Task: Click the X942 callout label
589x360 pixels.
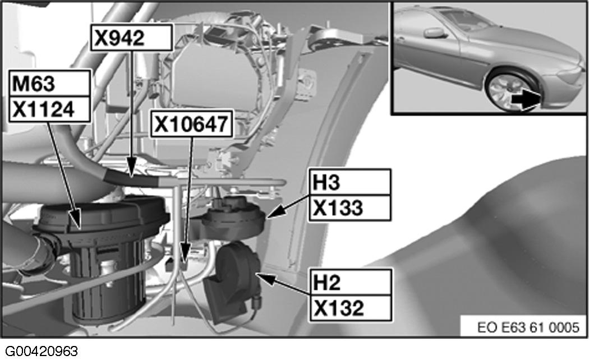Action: tap(130, 39)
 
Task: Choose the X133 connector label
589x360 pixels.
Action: tap(349, 207)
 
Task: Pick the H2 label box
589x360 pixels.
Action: tap(349, 281)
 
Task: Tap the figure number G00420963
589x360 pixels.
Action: tap(39, 352)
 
